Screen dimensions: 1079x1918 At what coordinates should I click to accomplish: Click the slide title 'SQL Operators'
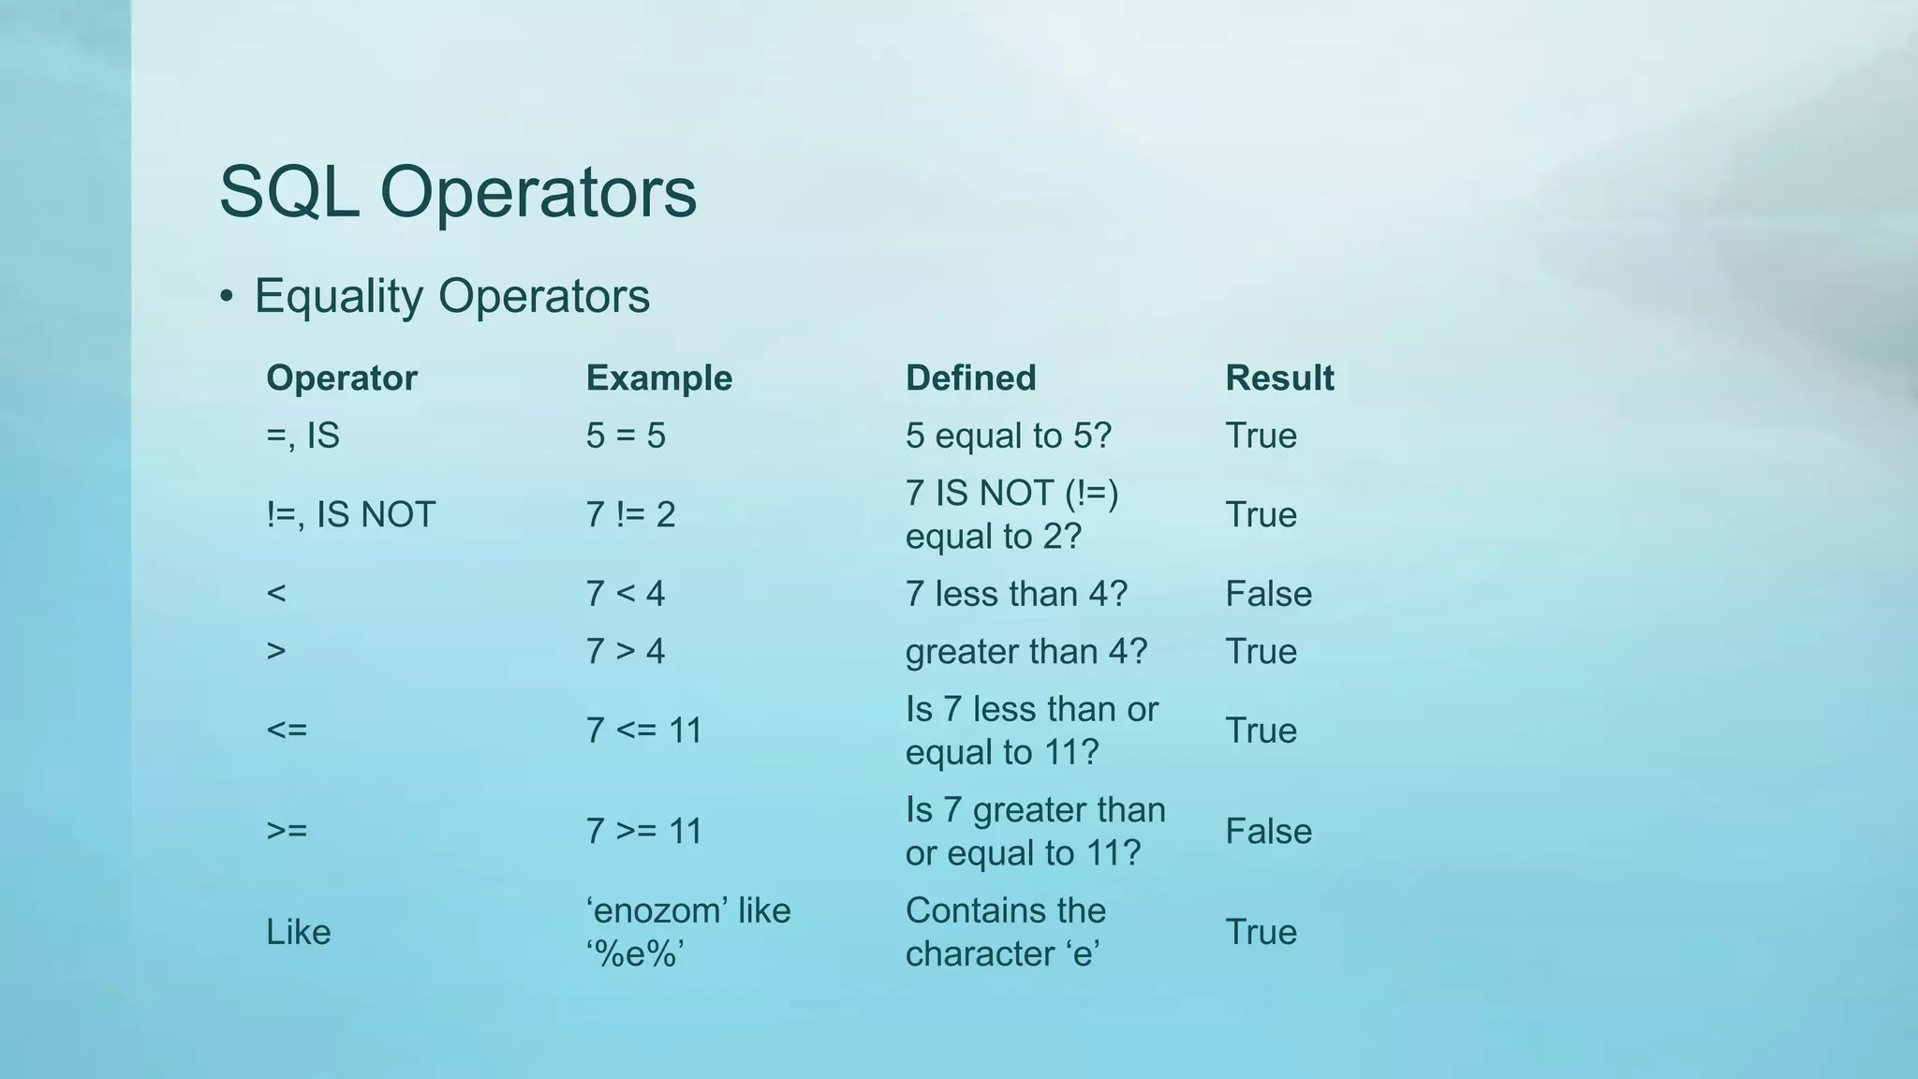point(457,192)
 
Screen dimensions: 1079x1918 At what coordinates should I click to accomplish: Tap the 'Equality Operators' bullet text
point(451,296)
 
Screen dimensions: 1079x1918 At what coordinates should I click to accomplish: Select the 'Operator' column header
point(341,378)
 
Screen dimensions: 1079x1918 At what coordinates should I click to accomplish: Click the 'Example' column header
point(658,378)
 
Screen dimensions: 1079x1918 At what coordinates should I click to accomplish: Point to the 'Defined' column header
point(970,378)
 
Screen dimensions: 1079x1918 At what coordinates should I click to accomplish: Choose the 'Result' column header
point(1279,378)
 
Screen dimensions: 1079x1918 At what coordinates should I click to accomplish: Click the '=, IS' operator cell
point(302,436)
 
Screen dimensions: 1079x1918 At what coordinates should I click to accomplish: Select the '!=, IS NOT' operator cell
point(350,515)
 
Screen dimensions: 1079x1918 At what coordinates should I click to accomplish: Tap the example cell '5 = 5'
point(625,436)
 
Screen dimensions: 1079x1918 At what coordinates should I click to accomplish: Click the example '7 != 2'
point(629,515)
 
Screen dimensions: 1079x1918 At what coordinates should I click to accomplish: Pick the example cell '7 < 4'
point(625,594)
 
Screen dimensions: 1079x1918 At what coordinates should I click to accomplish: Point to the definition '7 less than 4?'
point(1016,594)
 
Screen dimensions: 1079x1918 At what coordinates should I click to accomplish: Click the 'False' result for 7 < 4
point(1268,594)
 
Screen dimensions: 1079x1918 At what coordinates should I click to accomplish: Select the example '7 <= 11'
point(643,731)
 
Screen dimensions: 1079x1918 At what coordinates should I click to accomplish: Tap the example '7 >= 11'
point(643,832)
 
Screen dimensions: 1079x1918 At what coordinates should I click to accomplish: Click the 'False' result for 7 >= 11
point(1268,832)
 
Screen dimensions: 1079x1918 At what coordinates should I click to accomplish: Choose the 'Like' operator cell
point(298,932)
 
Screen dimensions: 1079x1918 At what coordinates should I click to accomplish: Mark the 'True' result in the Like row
point(1261,932)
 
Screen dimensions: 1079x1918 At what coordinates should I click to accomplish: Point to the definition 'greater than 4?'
point(1025,652)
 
